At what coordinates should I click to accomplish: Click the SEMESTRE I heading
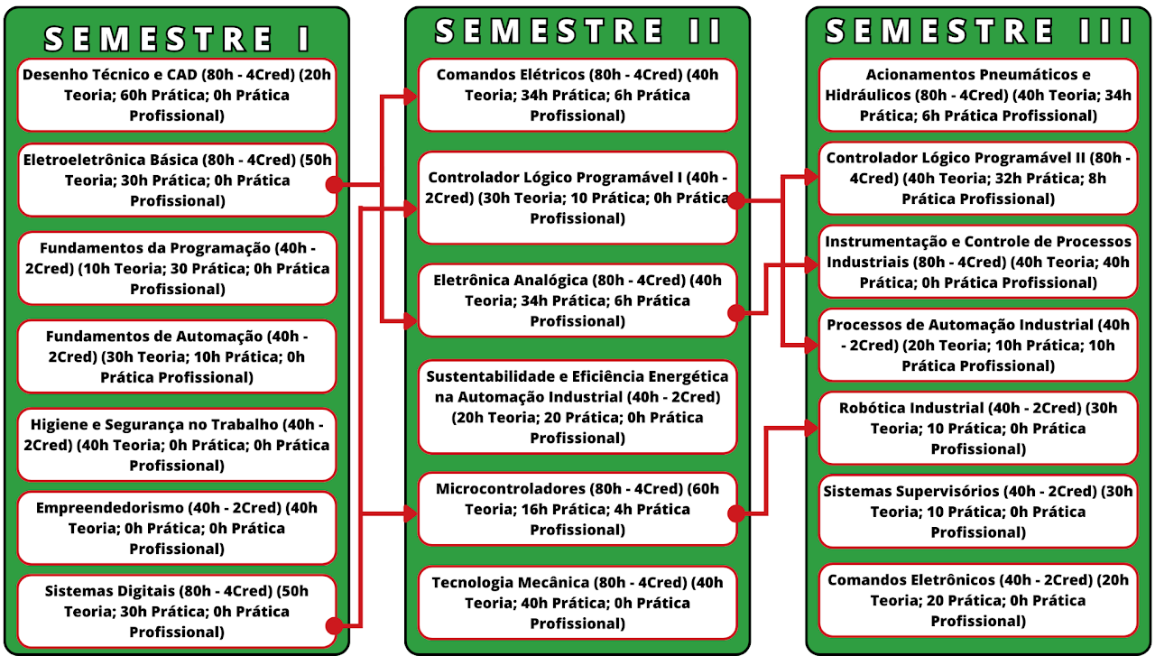click(177, 39)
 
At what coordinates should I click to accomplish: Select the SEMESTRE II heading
click(577, 31)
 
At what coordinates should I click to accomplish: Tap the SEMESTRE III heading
click(978, 31)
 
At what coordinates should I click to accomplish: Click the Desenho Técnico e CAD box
click(177, 95)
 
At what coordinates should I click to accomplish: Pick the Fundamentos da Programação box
click(177, 268)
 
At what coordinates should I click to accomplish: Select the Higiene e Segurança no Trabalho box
click(177, 445)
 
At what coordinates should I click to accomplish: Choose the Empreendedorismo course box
click(177, 528)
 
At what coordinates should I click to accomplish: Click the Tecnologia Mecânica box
click(577, 603)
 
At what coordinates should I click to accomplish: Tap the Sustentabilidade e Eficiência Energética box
click(577, 407)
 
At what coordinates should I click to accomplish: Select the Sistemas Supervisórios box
click(978, 512)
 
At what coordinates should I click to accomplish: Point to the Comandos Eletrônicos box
click(978, 600)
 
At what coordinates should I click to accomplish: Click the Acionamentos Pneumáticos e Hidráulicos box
click(978, 95)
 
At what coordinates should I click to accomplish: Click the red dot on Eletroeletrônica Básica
click(335, 184)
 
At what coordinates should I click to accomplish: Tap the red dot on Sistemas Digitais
click(335, 625)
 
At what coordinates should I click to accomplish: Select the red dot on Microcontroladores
click(736, 513)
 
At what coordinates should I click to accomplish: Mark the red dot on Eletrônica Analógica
click(736, 312)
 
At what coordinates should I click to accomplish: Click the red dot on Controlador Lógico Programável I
click(736, 200)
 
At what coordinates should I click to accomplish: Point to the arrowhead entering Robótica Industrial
click(811, 428)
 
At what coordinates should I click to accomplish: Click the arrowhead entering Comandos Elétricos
click(411, 97)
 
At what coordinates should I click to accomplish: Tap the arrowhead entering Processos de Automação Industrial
click(811, 345)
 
